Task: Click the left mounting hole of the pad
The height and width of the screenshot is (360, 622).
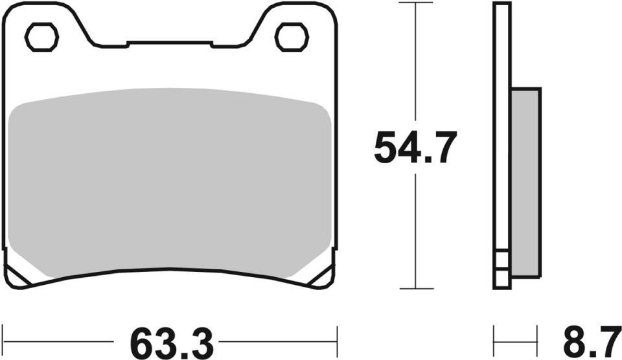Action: [x=41, y=37]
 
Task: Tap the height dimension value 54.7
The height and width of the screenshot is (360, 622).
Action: [x=415, y=148]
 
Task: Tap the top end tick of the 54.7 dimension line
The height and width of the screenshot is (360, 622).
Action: [x=415, y=3]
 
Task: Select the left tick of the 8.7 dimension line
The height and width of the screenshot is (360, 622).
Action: [x=495, y=340]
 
